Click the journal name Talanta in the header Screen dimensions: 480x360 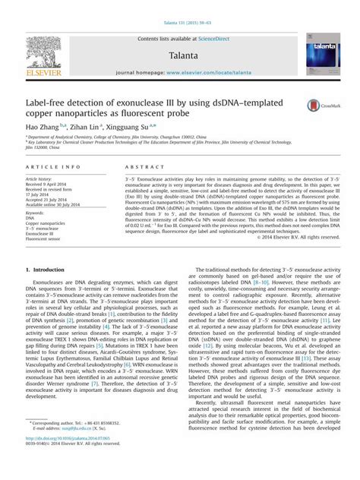tap(179, 55)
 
